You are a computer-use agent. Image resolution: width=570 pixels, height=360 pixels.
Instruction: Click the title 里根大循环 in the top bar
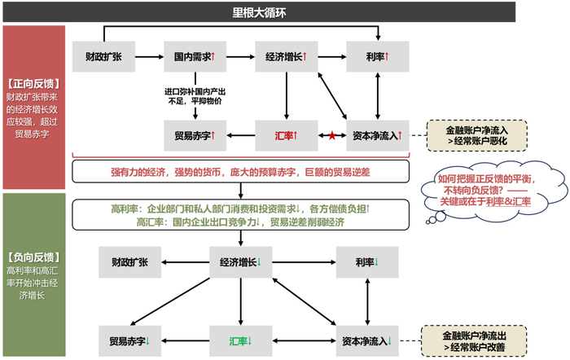coord(284,11)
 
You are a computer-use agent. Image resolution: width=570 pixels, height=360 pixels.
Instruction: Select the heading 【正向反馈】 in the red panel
coord(33,83)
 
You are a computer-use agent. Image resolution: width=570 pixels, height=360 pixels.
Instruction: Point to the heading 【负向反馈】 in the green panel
coord(33,253)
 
